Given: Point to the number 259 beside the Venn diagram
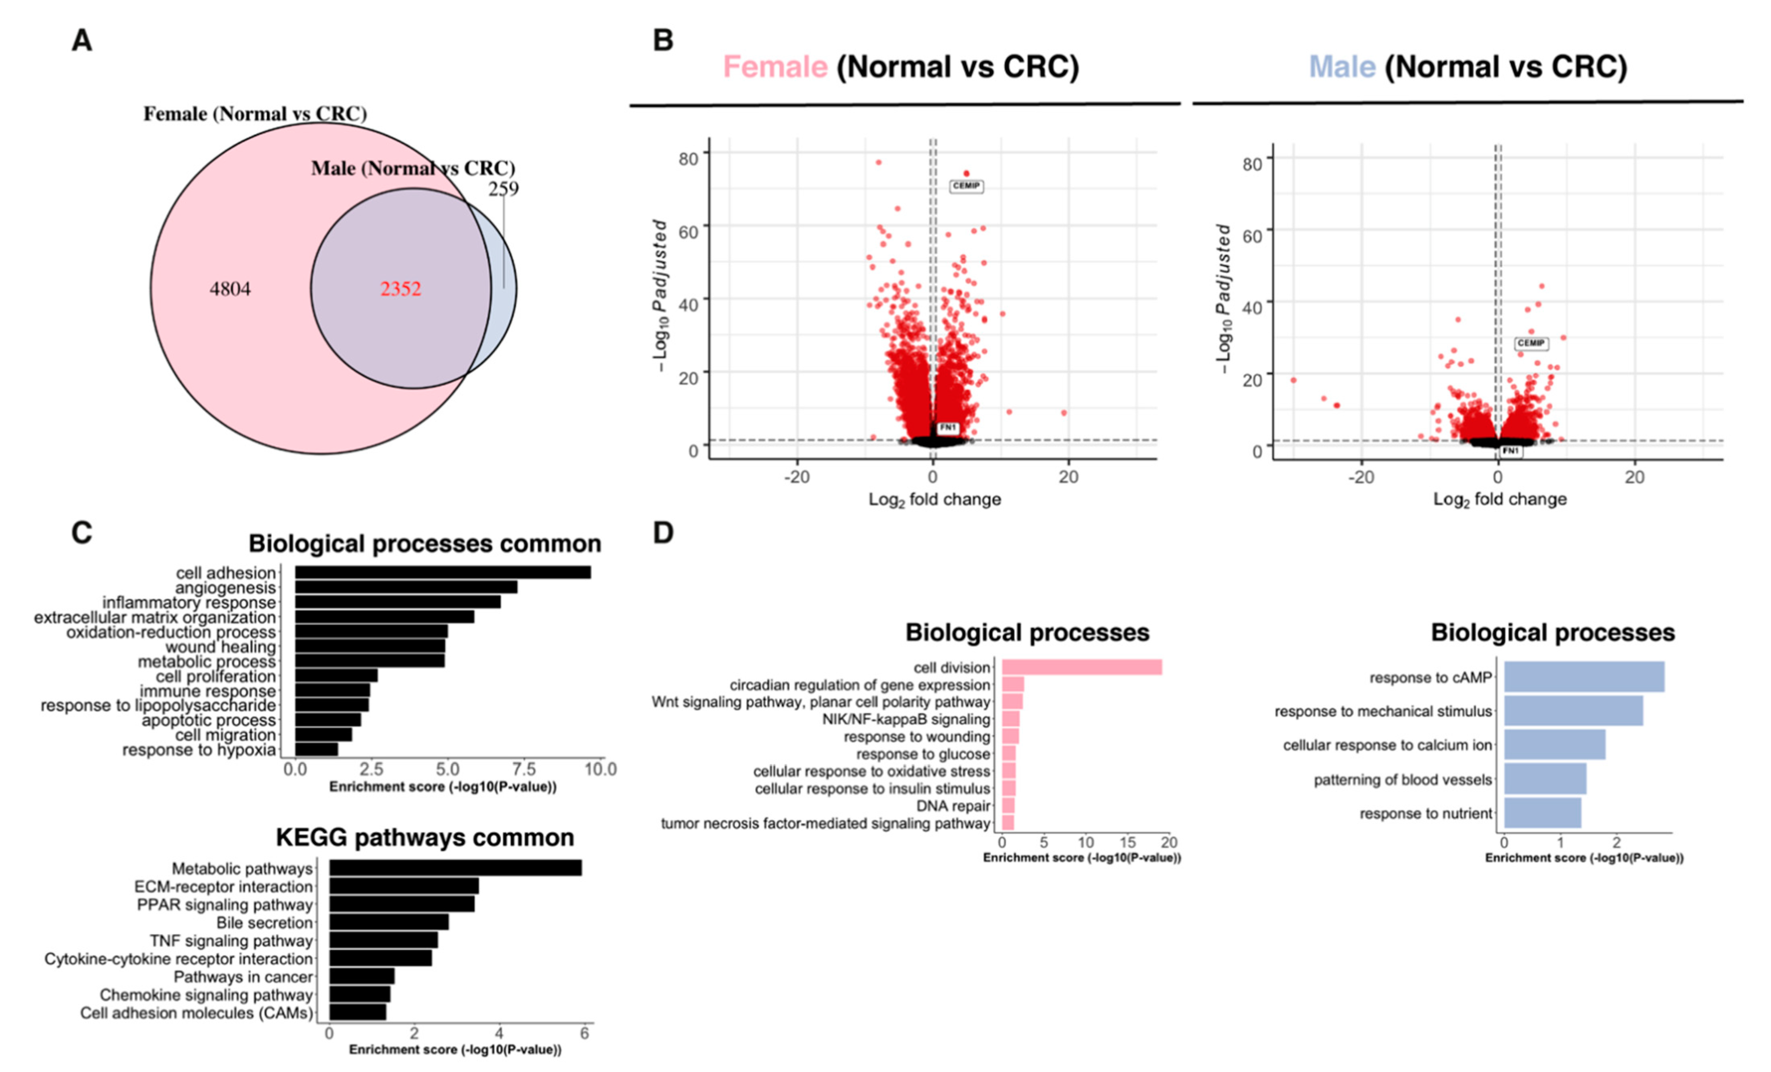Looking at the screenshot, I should (503, 189).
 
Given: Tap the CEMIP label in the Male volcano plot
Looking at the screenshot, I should (1531, 344).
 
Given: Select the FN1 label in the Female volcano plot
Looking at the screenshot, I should (948, 428).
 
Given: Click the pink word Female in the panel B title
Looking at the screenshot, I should (775, 67).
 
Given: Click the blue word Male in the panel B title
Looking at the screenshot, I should (1342, 67).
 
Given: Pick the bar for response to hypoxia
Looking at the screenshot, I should (316, 749).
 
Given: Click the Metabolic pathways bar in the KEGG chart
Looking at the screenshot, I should (455, 868).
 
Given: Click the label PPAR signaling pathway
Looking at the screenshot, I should (225, 904).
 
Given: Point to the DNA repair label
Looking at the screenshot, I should (953, 806).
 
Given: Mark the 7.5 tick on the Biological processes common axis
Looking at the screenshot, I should (524, 769).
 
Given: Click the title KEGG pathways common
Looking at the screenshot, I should (425, 838).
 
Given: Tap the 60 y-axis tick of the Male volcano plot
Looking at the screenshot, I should (1252, 236).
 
